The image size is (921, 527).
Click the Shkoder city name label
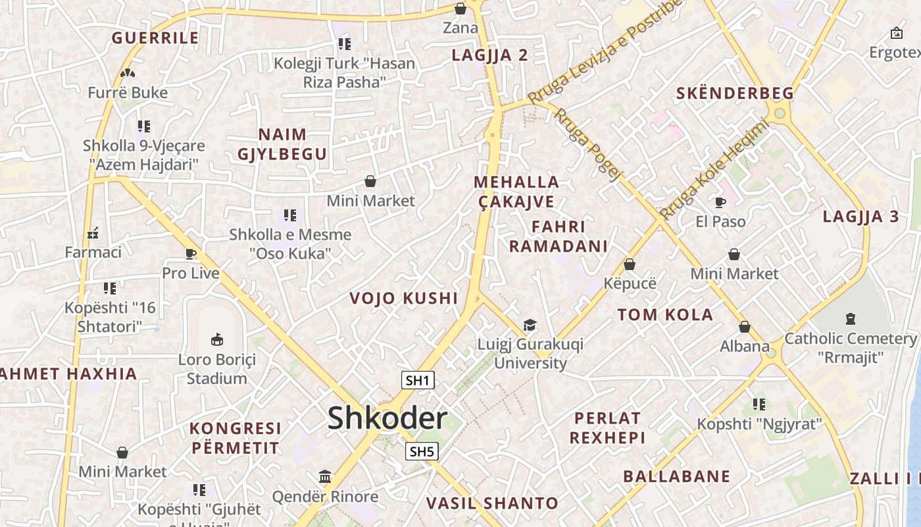tap(387, 418)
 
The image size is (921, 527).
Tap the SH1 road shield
tap(418, 380)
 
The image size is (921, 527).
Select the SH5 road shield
tap(422, 451)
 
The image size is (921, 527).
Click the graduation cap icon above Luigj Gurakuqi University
tap(530, 325)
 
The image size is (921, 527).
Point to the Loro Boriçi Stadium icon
tap(216, 339)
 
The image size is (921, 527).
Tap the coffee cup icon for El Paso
tap(720, 202)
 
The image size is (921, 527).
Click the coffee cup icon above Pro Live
tap(191, 254)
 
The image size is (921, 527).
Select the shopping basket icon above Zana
tap(460, 9)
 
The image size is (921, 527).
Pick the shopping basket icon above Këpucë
tap(630, 264)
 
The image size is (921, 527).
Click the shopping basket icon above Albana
tap(744, 327)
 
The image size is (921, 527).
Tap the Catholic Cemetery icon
tap(850, 319)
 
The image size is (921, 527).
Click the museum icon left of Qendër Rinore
tap(325, 476)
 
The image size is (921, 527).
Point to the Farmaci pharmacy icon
tap(93, 233)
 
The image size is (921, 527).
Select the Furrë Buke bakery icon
tap(128, 73)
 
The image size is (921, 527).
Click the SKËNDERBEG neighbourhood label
tap(735, 94)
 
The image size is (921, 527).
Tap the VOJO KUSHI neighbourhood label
tap(403, 298)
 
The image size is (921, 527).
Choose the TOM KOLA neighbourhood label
tap(665, 315)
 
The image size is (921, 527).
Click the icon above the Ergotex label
tap(896, 33)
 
